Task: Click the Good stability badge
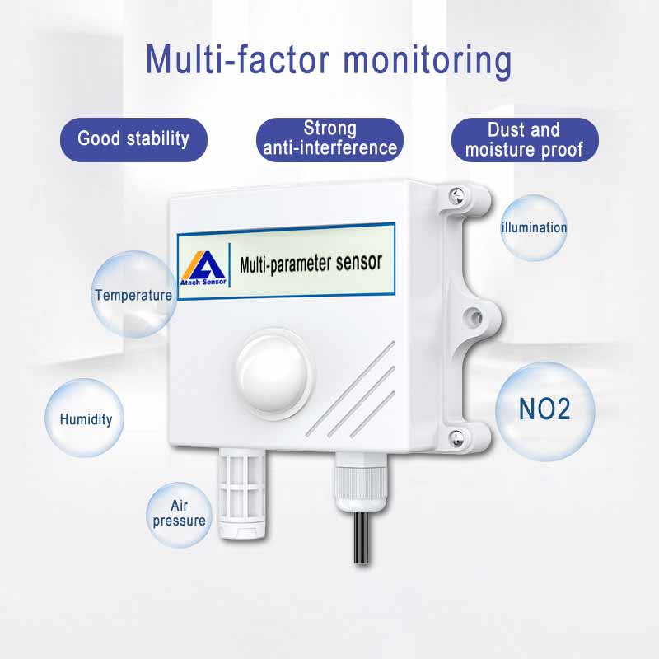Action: click(x=133, y=139)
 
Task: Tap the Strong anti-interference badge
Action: click(x=330, y=139)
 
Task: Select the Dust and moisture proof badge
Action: click(x=525, y=139)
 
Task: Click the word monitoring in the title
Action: click(x=428, y=61)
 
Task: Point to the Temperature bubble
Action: click(x=133, y=294)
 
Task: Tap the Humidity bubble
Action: click(x=85, y=418)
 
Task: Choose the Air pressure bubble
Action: click(x=179, y=515)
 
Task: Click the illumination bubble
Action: click(x=534, y=228)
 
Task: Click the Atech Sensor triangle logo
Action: click(x=203, y=268)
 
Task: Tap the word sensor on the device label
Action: click(x=359, y=262)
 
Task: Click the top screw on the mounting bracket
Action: click(x=456, y=195)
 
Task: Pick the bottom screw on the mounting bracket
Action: click(x=456, y=438)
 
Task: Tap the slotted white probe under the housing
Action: click(x=241, y=494)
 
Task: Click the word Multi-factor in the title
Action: click(x=237, y=59)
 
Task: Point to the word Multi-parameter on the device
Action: click(x=286, y=265)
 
